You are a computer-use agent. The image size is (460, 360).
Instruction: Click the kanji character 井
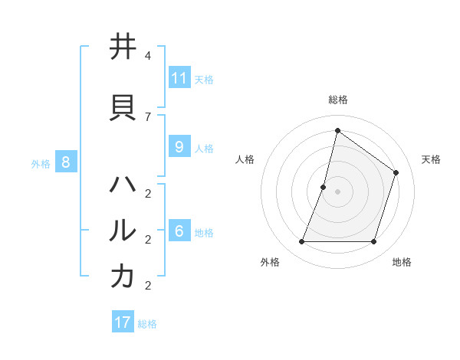pyautogui.click(x=123, y=47)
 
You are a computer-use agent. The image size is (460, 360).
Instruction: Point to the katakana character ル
pyautogui.click(x=123, y=230)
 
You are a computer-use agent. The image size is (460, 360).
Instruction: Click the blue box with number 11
pyautogui.click(x=179, y=78)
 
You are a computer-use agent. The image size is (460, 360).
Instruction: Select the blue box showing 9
pyautogui.click(x=179, y=147)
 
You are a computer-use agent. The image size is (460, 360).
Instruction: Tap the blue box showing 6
pyautogui.click(x=179, y=231)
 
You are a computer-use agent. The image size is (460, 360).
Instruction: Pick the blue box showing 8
pyautogui.click(x=66, y=162)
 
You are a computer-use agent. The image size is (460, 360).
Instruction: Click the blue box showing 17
pyautogui.click(x=123, y=322)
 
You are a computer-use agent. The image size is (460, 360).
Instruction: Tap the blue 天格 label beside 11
pyautogui.click(x=204, y=79)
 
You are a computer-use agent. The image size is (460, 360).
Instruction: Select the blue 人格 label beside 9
pyautogui.click(x=204, y=148)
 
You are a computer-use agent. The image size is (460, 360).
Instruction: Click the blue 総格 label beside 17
pyautogui.click(x=147, y=323)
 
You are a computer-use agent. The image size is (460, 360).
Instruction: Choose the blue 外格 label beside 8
pyautogui.click(x=41, y=162)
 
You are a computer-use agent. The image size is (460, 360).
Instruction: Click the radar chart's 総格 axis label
pyautogui.click(x=337, y=100)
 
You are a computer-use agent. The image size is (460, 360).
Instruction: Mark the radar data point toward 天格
pyautogui.click(x=396, y=172)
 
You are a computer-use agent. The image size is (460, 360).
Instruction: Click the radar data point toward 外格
pyautogui.click(x=301, y=242)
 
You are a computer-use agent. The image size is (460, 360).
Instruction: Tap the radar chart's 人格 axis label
pyautogui.click(x=245, y=159)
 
